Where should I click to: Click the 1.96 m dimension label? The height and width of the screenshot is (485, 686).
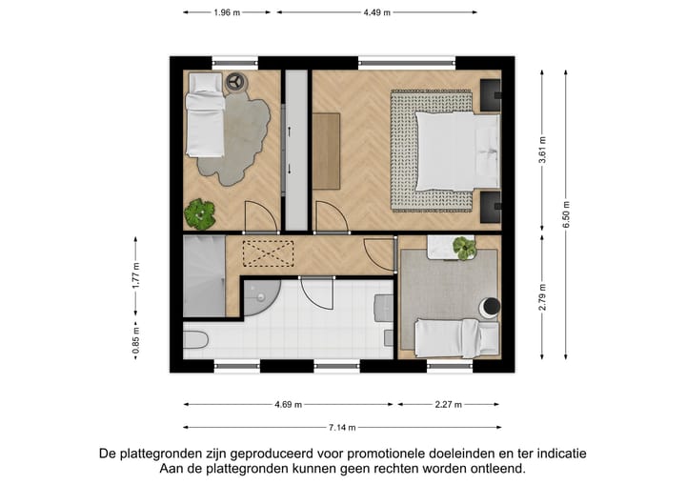[227, 12]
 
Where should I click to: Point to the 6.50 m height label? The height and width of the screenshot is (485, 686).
[565, 213]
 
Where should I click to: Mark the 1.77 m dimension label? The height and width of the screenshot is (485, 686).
[136, 276]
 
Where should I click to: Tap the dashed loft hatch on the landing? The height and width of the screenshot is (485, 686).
[270, 253]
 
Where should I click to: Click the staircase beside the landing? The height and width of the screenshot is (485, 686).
[203, 276]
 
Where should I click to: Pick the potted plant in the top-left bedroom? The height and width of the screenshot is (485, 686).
[200, 213]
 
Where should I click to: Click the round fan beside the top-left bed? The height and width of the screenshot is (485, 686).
[234, 82]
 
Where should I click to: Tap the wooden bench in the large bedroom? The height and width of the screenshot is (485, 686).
[327, 148]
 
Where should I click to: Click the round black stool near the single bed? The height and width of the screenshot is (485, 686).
[490, 308]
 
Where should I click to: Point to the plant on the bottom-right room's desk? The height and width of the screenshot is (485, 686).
[464, 248]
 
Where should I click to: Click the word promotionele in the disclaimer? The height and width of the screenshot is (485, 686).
[380, 454]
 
